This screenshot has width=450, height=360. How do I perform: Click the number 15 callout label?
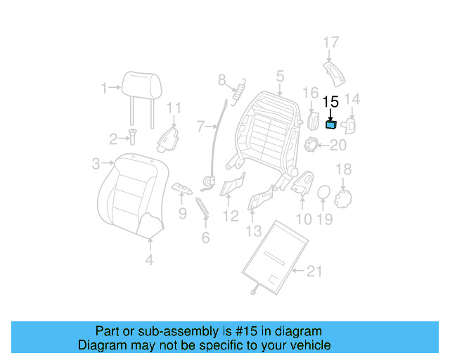(330, 103)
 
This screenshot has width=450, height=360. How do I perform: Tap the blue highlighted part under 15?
(330, 125)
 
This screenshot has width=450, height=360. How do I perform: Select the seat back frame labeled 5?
(267, 127)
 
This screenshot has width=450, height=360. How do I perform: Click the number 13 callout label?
(253, 231)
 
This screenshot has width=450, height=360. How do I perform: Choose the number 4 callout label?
(149, 262)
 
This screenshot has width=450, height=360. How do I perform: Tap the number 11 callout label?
(174, 108)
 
